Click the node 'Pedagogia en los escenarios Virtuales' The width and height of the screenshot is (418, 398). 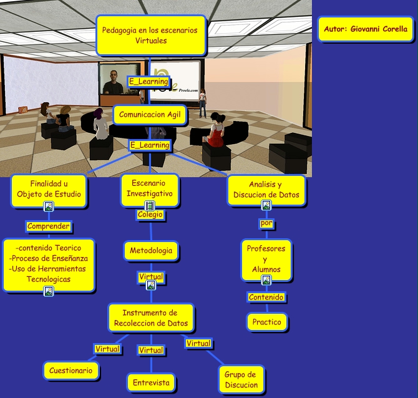[150, 35]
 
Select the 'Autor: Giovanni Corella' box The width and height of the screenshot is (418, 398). [366, 29]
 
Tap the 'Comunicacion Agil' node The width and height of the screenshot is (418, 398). [150, 115]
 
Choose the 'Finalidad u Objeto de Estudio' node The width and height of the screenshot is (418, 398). [49, 188]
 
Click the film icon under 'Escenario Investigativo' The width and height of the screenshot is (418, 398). [150, 205]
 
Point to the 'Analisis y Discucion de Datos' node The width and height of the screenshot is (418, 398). [266, 190]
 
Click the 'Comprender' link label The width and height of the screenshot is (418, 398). [49, 226]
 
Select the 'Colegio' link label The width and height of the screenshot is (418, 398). [150, 215]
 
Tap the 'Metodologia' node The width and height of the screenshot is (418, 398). [151, 251]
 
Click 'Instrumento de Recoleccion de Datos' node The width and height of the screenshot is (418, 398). [151, 318]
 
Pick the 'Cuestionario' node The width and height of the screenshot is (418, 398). [71, 371]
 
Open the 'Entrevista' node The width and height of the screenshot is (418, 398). [151, 382]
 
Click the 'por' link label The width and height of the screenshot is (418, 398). [266, 223]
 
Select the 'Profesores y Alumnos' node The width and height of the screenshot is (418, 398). [266, 258]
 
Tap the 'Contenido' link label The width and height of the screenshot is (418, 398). [266, 297]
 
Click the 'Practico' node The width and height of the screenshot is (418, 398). [267, 322]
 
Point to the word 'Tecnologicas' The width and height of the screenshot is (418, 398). [49, 279]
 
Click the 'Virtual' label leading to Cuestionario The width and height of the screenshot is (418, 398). [107, 349]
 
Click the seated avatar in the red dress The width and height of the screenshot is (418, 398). [216, 130]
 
